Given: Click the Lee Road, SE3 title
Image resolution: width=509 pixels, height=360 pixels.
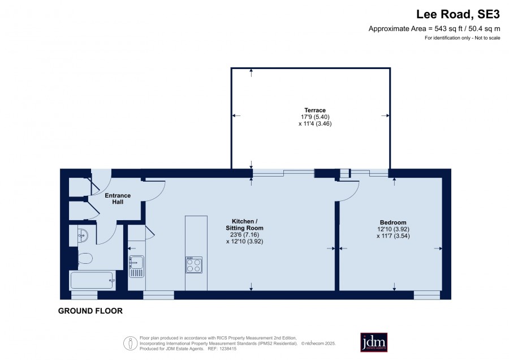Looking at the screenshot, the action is (x=458, y=14).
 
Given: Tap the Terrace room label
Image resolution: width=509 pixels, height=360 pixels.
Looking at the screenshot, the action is (x=315, y=110).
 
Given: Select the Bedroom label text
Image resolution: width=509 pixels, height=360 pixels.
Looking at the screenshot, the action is (x=393, y=222).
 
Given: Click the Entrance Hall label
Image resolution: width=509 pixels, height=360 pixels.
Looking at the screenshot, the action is (x=118, y=199).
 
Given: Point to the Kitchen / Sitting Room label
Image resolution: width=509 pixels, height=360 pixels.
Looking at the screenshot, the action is (x=244, y=225).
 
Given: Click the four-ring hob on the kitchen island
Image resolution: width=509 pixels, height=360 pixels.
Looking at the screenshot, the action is (x=194, y=265).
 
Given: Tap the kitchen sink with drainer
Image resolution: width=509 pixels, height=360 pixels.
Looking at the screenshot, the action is (x=136, y=267).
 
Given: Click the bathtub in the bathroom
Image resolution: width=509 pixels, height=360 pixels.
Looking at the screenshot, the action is (x=93, y=280).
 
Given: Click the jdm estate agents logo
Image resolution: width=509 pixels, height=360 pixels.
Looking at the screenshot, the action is (x=374, y=342).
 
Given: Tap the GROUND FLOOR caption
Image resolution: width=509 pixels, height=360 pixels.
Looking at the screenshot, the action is (x=90, y=311).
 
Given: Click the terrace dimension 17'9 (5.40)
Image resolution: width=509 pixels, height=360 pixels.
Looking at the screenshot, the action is (x=315, y=117).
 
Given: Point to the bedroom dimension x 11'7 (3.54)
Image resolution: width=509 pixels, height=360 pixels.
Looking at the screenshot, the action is (x=393, y=236).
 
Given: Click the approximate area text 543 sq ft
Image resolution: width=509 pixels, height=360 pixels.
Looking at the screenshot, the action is (x=448, y=29).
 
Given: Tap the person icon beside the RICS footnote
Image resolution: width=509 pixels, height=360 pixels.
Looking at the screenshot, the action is (x=131, y=343).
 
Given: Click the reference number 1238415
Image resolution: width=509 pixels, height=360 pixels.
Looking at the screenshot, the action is (x=228, y=349).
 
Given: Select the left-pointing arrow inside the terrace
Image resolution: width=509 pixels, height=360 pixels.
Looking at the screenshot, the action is (x=236, y=115).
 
